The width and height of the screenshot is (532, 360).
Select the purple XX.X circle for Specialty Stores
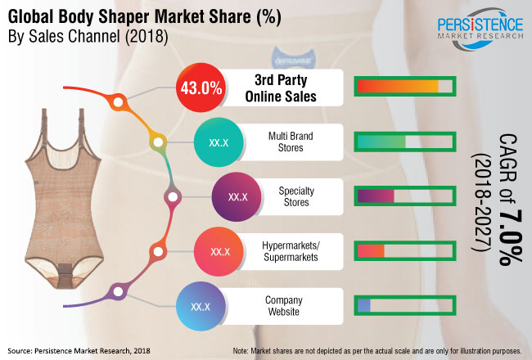(237, 197)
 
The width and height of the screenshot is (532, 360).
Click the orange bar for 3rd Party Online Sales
(398, 87)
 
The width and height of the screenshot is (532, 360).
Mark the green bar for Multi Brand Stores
(381, 142)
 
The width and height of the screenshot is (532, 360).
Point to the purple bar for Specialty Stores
(376, 196)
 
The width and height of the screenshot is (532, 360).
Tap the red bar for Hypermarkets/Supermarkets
(371, 250)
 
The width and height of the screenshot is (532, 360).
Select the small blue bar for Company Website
(364, 305)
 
